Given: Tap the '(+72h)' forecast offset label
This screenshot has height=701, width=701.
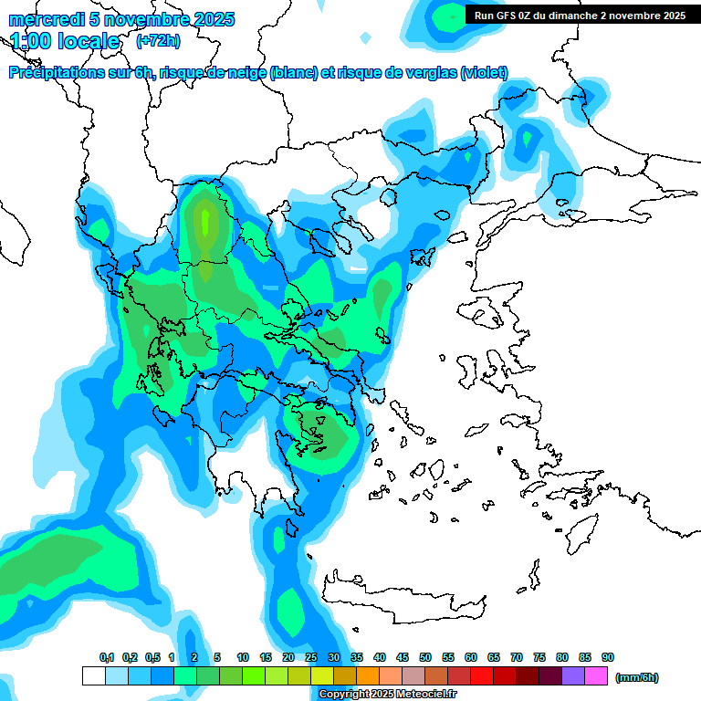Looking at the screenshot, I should pyautogui.click(x=158, y=41).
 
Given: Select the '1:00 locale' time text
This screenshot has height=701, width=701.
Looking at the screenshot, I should pyautogui.click(x=65, y=41).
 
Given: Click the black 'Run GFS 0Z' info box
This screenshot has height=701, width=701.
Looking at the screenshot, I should pyautogui.click(x=580, y=15).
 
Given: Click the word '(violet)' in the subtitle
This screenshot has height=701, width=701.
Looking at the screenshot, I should pyautogui.click(x=484, y=73).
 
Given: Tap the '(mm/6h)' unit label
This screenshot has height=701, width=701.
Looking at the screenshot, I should pyautogui.click(x=637, y=677).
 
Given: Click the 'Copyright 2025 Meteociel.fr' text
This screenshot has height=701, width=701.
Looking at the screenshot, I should pyautogui.click(x=387, y=694).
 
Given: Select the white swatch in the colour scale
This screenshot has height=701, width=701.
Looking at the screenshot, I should pyautogui.click(x=93, y=676).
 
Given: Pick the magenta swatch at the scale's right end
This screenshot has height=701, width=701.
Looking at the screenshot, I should pyautogui.click(x=595, y=676).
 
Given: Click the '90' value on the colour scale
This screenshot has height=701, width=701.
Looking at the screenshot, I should pyautogui.click(x=608, y=657).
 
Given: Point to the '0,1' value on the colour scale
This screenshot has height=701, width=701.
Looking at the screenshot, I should pyautogui.click(x=107, y=657).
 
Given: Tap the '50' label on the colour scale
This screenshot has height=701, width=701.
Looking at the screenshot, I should pyautogui.click(x=425, y=657).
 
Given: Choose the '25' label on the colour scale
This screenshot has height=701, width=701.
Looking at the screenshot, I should pyautogui.click(x=311, y=657).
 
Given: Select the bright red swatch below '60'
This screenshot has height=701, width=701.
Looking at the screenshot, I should pyautogui.click(x=481, y=676).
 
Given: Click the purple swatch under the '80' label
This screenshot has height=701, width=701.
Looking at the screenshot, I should pyautogui.click(x=572, y=676).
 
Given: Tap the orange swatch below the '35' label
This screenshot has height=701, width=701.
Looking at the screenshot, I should pyautogui.click(x=367, y=676).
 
